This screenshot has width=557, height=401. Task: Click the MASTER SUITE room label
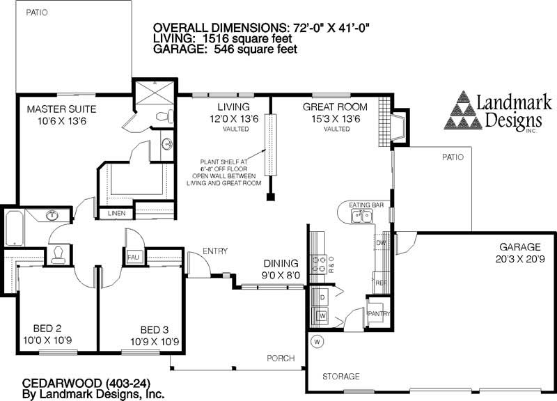[x=61, y=109]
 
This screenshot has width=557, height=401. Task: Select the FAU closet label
[x=134, y=258]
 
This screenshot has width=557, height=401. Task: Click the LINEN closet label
[x=116, y=214]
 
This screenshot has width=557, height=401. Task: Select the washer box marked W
[x=322, y=315]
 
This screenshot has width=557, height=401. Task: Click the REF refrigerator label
[x=381, y=283]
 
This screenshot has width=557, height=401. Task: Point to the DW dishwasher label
[x=382, y=242]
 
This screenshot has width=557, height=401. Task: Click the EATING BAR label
[x=367, y=205]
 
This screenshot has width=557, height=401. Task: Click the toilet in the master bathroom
[x=164, y=117]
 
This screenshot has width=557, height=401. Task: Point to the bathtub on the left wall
[x=14, y=228]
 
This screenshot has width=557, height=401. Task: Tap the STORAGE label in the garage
[x=340, y=377]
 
